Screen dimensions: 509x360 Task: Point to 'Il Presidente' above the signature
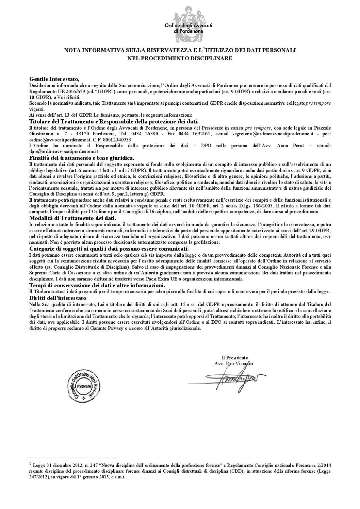pos(234,358)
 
